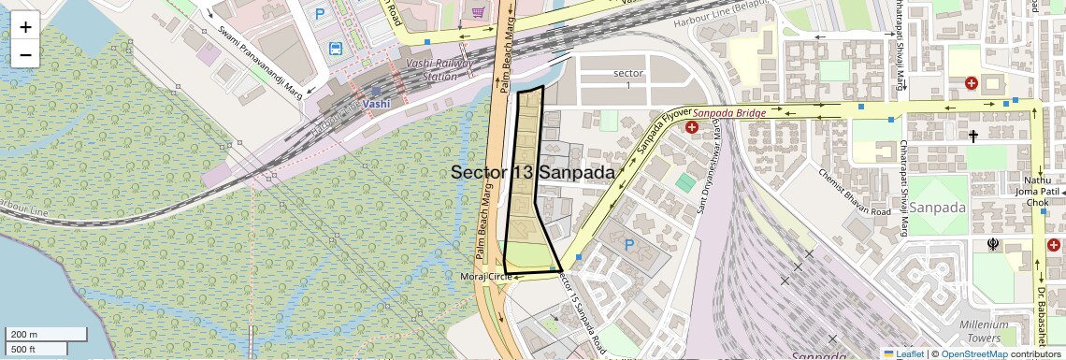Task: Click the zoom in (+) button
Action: [25, 26]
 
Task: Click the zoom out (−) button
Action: [25, 54]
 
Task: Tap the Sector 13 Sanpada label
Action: [533, 173]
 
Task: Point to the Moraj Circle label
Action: [486, 277]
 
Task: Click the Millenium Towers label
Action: [1010, 331]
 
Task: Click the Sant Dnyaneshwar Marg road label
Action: [710, 192]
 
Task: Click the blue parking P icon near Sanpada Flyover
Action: [629, 245]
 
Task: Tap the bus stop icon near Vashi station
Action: [335, 48]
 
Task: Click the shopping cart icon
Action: [479, 12]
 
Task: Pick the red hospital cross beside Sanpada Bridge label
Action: [692, 127]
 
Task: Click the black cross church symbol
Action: [973, 137]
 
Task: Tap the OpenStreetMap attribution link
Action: [974, 353]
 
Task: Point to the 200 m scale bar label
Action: [24, 334]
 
